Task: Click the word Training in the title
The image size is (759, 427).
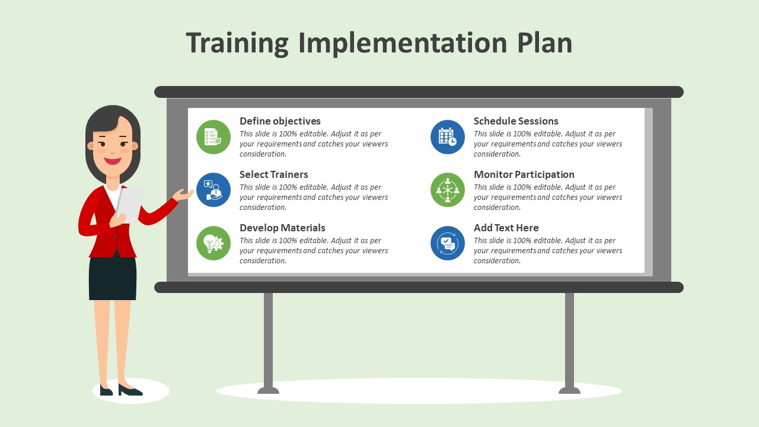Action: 237,43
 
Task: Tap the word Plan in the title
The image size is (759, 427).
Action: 544,43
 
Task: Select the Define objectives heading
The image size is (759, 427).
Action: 280,122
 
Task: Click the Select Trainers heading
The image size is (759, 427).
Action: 274,174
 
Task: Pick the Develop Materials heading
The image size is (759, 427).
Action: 282,228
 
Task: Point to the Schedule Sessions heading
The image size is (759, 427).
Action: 516,121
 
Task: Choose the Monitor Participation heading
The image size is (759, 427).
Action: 524,174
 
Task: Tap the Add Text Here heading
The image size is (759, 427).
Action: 506,228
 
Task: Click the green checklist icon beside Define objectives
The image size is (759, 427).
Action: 213,137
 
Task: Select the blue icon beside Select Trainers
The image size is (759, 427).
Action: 213,190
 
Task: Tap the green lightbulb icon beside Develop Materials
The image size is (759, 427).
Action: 213,243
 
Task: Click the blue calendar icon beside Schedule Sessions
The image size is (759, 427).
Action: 448,137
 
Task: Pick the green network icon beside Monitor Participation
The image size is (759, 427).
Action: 448,190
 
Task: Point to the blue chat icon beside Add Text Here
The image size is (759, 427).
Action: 448,243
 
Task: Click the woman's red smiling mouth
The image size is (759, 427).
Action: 113,161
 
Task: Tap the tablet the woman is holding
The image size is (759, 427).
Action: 130,205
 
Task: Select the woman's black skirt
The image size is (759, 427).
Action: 113,277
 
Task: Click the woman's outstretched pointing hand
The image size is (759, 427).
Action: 183,195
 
